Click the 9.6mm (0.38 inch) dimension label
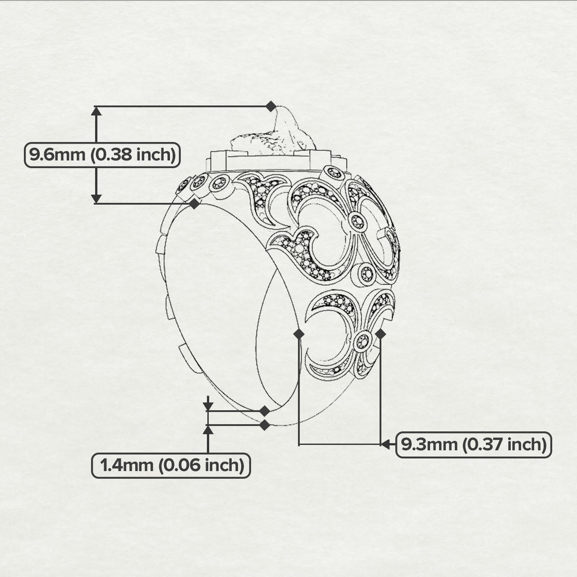tap(102, 155)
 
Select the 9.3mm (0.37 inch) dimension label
tap(474, 445)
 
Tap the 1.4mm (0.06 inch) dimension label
tap(171, 465)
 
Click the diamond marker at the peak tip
tap(271, 106)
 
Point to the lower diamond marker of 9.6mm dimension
tap(194, 203)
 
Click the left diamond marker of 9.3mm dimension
tap(299, 334)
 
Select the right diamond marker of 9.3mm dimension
tap(381, 334)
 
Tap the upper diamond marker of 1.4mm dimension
tap(265, 411)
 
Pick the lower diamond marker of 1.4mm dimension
tap(265, 426)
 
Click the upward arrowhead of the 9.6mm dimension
tap(96, 111)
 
